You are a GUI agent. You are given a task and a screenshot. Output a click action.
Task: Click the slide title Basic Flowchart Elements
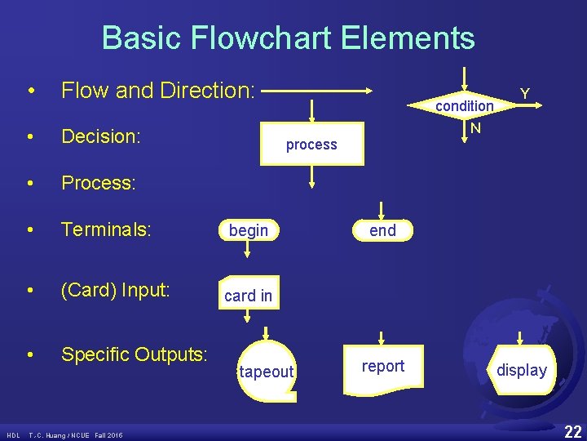(288, 38)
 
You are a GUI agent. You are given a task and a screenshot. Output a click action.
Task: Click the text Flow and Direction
(158, 90)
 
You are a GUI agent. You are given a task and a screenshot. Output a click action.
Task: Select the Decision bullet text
(102, 136)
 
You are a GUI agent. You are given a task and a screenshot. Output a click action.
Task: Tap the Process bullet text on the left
(98, 183)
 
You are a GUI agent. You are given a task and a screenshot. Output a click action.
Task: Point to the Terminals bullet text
(106, 230)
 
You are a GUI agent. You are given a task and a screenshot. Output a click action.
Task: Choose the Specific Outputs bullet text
(135, 354)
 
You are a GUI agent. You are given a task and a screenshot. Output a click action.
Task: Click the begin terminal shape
(249, 230)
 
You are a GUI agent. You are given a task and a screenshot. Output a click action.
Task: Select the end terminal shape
(382, 230)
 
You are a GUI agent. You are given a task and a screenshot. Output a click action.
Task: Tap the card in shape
(248, 295)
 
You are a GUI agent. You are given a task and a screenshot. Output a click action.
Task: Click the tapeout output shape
(266, 372)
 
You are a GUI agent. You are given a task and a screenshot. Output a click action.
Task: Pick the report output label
(382, 366)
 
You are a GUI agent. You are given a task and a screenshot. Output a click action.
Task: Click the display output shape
(522, 370)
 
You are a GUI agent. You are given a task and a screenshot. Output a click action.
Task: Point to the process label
(311, 145)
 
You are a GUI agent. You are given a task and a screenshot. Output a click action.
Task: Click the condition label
(464, 105)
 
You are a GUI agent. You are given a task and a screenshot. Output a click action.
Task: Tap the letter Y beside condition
(526, 95)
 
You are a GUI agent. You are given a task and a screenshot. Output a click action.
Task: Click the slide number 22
(572, 430)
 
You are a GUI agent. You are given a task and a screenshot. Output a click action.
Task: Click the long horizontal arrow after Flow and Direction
(318, 90)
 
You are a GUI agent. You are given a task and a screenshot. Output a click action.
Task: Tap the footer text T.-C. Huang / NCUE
(75, 434)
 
